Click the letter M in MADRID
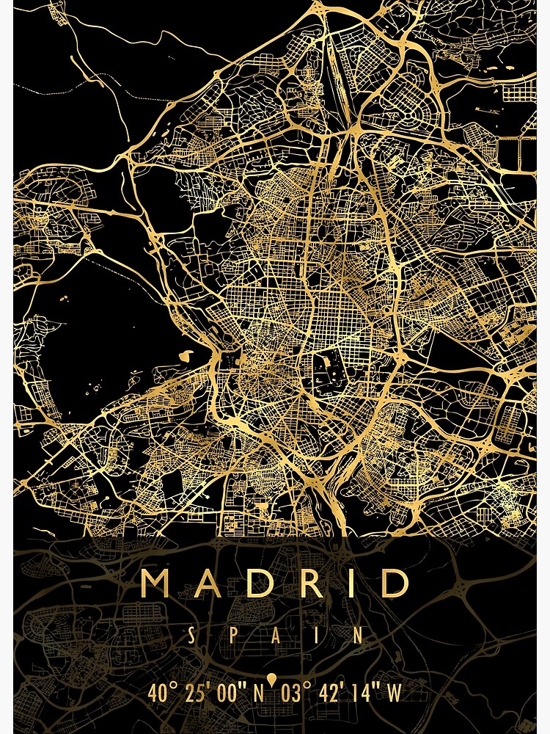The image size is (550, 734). tap(156, 584)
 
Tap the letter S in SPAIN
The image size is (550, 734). tap(191, 636)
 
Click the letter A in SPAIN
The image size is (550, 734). tap(275, 636)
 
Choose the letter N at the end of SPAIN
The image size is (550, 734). tap(359, 636)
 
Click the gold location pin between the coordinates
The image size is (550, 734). tap(272, 680)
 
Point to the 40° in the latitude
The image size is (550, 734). tap(162, 692)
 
